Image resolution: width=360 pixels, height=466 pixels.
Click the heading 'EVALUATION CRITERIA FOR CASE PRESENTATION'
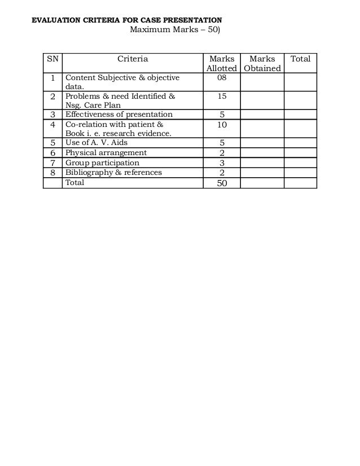point(126,20)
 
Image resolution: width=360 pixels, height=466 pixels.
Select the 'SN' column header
point(52,59)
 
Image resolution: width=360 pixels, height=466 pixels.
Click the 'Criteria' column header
point(133,59)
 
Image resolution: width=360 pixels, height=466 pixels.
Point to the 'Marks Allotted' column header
point(221,63)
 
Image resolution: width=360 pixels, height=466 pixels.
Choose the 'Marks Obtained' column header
point(262,63)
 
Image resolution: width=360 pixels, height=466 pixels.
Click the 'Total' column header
point(300,59)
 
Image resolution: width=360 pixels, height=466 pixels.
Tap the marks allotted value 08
point(221,78)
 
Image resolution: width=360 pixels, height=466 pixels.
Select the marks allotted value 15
point(221,97)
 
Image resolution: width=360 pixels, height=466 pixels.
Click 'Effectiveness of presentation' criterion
point(119,115)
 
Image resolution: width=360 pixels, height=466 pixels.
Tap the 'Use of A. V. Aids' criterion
point(96,143)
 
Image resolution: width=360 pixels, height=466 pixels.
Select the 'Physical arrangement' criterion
point(106,152)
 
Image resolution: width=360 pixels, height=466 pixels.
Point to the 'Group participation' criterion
point(102,162)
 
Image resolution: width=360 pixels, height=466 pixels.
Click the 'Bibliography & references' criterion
point(113,172)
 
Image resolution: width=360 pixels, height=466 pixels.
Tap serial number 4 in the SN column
point(52,124)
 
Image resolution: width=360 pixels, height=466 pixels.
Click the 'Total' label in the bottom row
point(75,183)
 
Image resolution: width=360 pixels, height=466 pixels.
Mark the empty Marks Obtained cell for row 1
point(262,82)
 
